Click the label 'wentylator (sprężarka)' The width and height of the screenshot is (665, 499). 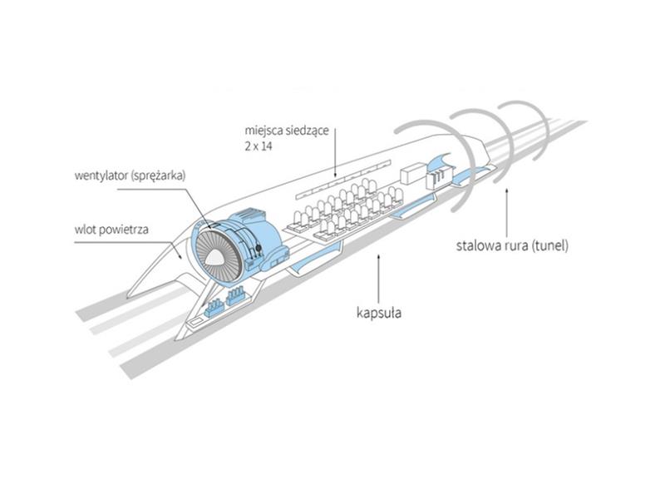131,176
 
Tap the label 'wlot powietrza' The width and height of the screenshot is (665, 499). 111,230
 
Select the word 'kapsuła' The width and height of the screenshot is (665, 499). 379,314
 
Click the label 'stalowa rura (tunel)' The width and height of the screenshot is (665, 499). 512,245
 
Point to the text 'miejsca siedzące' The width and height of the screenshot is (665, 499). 287,131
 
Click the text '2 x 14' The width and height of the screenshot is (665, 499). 259,147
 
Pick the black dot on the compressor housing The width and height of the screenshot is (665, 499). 258,248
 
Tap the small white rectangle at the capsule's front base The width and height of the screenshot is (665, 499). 195,323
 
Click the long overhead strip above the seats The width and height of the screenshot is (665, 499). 343,179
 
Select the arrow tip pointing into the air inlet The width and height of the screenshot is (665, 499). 180,256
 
